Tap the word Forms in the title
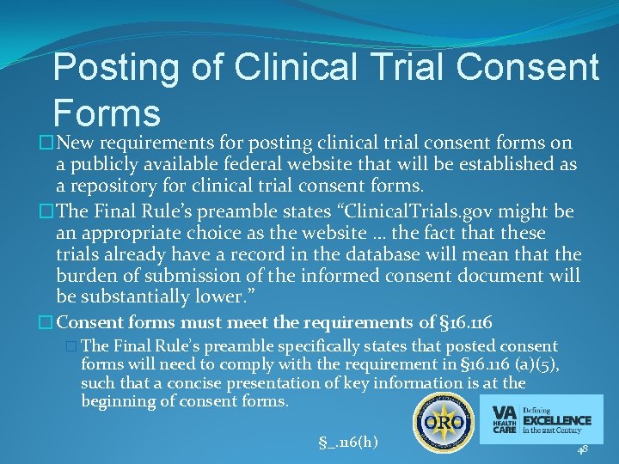pyautogui.click(x=106, y=113)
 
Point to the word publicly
pyautogui.click(x=104, y=163)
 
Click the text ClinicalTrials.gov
pyautogui.click(x=365, y=212)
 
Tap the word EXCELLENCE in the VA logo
pyautogui.click(x=558, y=420)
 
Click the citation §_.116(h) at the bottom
pyautogui.click(x=346, y=443)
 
